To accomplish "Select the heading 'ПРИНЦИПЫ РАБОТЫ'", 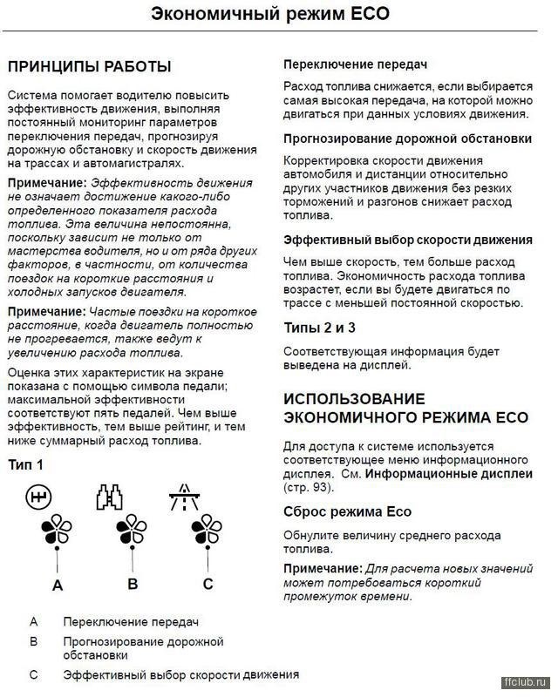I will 89,66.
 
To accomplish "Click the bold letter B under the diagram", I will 133,583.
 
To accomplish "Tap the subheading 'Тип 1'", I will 25,464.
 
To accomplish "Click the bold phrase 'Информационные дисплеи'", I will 448,474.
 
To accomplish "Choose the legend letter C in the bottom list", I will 33,674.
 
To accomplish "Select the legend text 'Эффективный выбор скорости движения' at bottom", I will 180,674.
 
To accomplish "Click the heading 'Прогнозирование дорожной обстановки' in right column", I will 407,138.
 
